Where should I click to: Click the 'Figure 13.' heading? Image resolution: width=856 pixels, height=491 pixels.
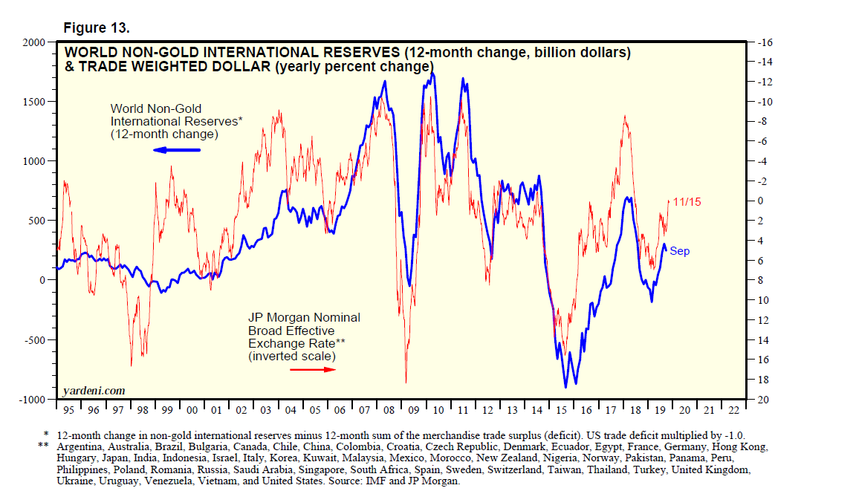pyautogui.click(x=97, y=28)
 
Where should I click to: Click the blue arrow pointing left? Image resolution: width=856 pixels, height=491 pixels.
pyautogui.click(x=177, y=150)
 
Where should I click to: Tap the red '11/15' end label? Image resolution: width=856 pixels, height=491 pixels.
pyautogui.click(x=688, y=201)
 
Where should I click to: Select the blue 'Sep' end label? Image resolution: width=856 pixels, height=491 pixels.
pyautogui.click(x=679, y=251)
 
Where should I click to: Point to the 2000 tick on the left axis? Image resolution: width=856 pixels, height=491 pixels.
pyautogui.click(x=34, y=42)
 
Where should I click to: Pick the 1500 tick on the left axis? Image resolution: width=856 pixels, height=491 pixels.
pyautogui.click(x=34, y=102)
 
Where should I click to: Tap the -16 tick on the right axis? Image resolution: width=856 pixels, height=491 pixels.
pyautogui.click(x=765, y=42)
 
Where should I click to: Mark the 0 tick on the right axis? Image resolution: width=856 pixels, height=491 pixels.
pyautogui.click(x=761, y=201)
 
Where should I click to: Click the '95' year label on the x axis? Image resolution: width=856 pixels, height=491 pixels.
pyautogui.click(x=68, y=410)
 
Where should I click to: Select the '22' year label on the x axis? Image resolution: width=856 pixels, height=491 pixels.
pyautogui.click(x=733, y=410)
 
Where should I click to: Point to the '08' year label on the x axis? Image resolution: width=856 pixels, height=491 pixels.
pyautogui.click(x=389, y=410)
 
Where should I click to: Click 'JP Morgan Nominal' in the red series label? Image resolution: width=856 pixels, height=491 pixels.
pyautogui.click(x=304, y=318)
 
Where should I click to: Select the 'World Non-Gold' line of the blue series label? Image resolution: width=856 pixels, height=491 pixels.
pyautogui.click(x=156, y=108)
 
